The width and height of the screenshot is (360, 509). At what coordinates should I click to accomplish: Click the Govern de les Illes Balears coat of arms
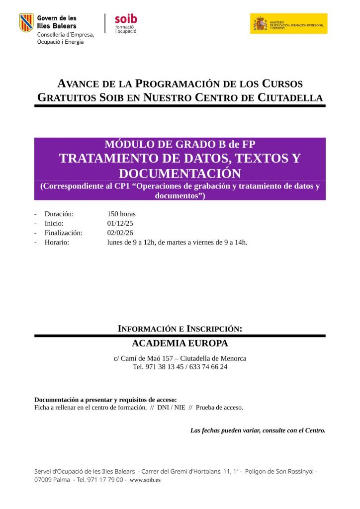click(x=26, y=23)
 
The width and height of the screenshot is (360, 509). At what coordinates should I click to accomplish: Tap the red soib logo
click(x=125, y=19)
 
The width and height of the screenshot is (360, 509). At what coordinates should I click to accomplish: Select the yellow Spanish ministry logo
click(x=288, y=23)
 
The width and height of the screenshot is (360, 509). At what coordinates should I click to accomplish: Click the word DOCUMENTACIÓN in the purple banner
click(x=180, y=173)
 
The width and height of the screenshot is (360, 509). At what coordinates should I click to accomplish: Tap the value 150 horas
click(x=121, y=214)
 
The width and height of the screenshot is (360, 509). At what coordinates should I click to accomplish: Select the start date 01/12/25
click(x=120, y=223)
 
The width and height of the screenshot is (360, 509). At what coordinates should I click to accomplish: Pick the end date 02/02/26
click(x=120, y=233)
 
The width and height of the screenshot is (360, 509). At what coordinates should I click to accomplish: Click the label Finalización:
click(x=63, y=233)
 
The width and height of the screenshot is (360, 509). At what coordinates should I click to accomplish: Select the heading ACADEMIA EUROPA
click(x=180, y=343)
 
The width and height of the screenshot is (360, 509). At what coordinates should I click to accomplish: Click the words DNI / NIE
click(x=171, y=407)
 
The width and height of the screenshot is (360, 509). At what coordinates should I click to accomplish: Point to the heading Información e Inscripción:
click(x=180, y=329)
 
